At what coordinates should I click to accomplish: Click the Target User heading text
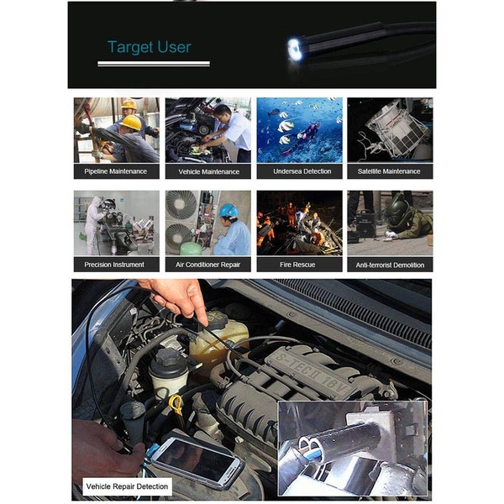[x=150, y=47]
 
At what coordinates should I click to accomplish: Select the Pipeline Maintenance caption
[x=116, y=171]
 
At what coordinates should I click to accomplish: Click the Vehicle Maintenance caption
[x=207, y=171]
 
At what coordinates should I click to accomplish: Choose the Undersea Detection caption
[x=299, y=171]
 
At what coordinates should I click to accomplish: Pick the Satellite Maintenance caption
[x=390, y=171]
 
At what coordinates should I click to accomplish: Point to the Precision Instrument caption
[x=116, y=265]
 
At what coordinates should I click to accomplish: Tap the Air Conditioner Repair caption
[x=207, y=265]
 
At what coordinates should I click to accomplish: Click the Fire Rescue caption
[x=299, y=265]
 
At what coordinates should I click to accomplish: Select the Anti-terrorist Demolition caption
[x=390, y=265]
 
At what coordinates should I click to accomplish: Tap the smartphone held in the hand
[x=196, y=459]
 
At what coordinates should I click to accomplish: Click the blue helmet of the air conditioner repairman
[x=227, y=211]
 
